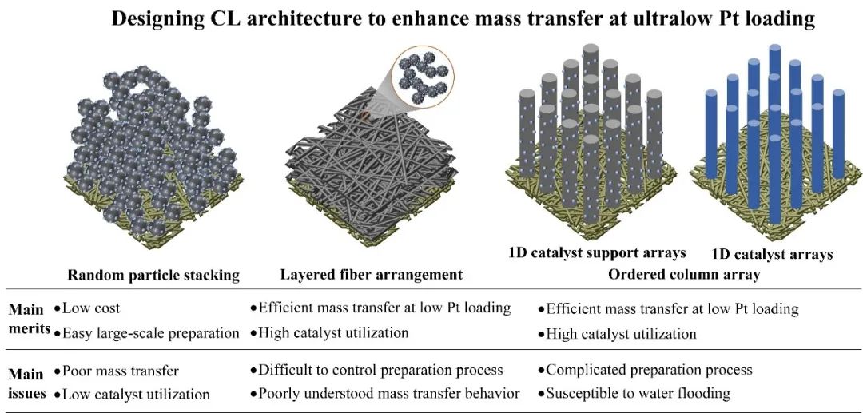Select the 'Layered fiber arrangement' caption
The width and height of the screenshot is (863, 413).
[x=372, y=275]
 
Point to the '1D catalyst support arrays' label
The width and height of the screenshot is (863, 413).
[x=596, y=253]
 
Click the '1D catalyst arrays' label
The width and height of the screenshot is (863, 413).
[x=772, y=255]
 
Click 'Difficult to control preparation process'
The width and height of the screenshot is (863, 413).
[x=380, y=370]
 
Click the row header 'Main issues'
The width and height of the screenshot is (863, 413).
[x=26, y=383]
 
